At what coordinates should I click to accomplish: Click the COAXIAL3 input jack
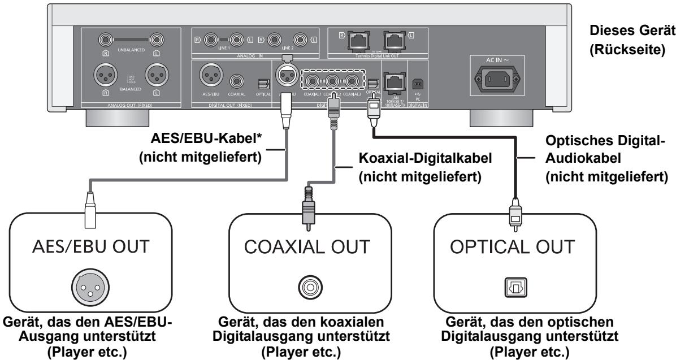pyautogui.click(x=353, y=81)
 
